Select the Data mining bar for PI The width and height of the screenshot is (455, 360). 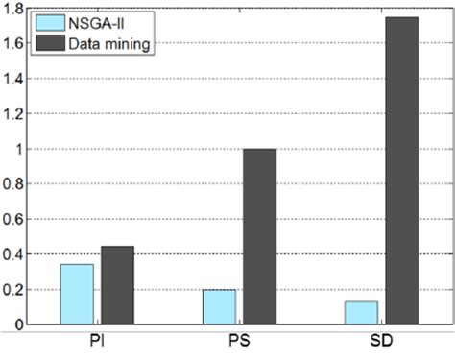pyautogui.click(x=116, y=285)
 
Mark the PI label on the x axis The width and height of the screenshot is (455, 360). pyautogui.click(x=97, y=341)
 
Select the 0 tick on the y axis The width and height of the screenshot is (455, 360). pyautogui.click(x=17, y=325)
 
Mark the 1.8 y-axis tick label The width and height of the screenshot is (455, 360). pyautogui.click(x=13, y=9)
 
